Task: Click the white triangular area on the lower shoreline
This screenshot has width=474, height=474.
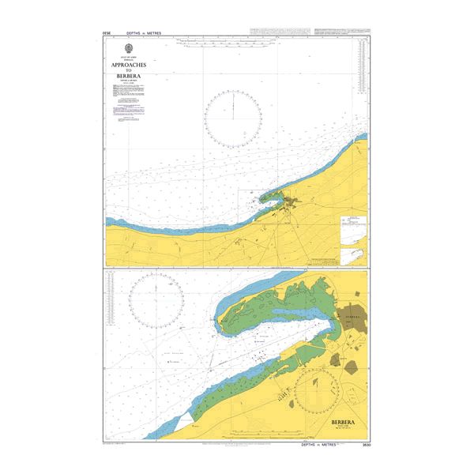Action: tap(184, 422)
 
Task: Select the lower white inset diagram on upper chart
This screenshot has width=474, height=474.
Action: tap(352, 255)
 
